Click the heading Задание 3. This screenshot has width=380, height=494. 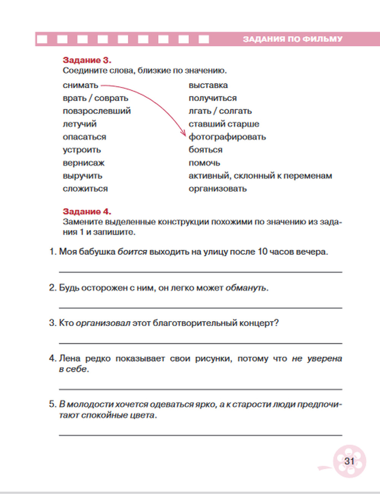click(87, 60)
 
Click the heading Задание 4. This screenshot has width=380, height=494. click(87, 211)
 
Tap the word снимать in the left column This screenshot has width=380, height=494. click(81, 85)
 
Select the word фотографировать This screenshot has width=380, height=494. click(227, 137)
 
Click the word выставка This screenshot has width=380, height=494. click(208, 85)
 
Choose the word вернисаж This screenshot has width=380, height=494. click(84, 163)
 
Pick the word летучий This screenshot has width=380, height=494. click(80, 124)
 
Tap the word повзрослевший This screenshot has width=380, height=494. click(97, 111)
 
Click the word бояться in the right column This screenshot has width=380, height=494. click(206, 150)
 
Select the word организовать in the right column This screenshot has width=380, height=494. click(218, 189)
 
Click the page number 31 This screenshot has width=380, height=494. click(349, 461)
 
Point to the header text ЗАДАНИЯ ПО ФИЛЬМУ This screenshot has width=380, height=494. click(293, 39)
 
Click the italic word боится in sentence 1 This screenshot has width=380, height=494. click(132, 252)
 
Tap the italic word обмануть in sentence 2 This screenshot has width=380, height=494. click(246, 288)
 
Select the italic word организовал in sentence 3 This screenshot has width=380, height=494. click(103, 323)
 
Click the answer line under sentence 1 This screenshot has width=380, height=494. click(200, 272)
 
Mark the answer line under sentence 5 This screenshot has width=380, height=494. click(200, 435)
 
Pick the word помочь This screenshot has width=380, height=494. click(204, 163)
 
